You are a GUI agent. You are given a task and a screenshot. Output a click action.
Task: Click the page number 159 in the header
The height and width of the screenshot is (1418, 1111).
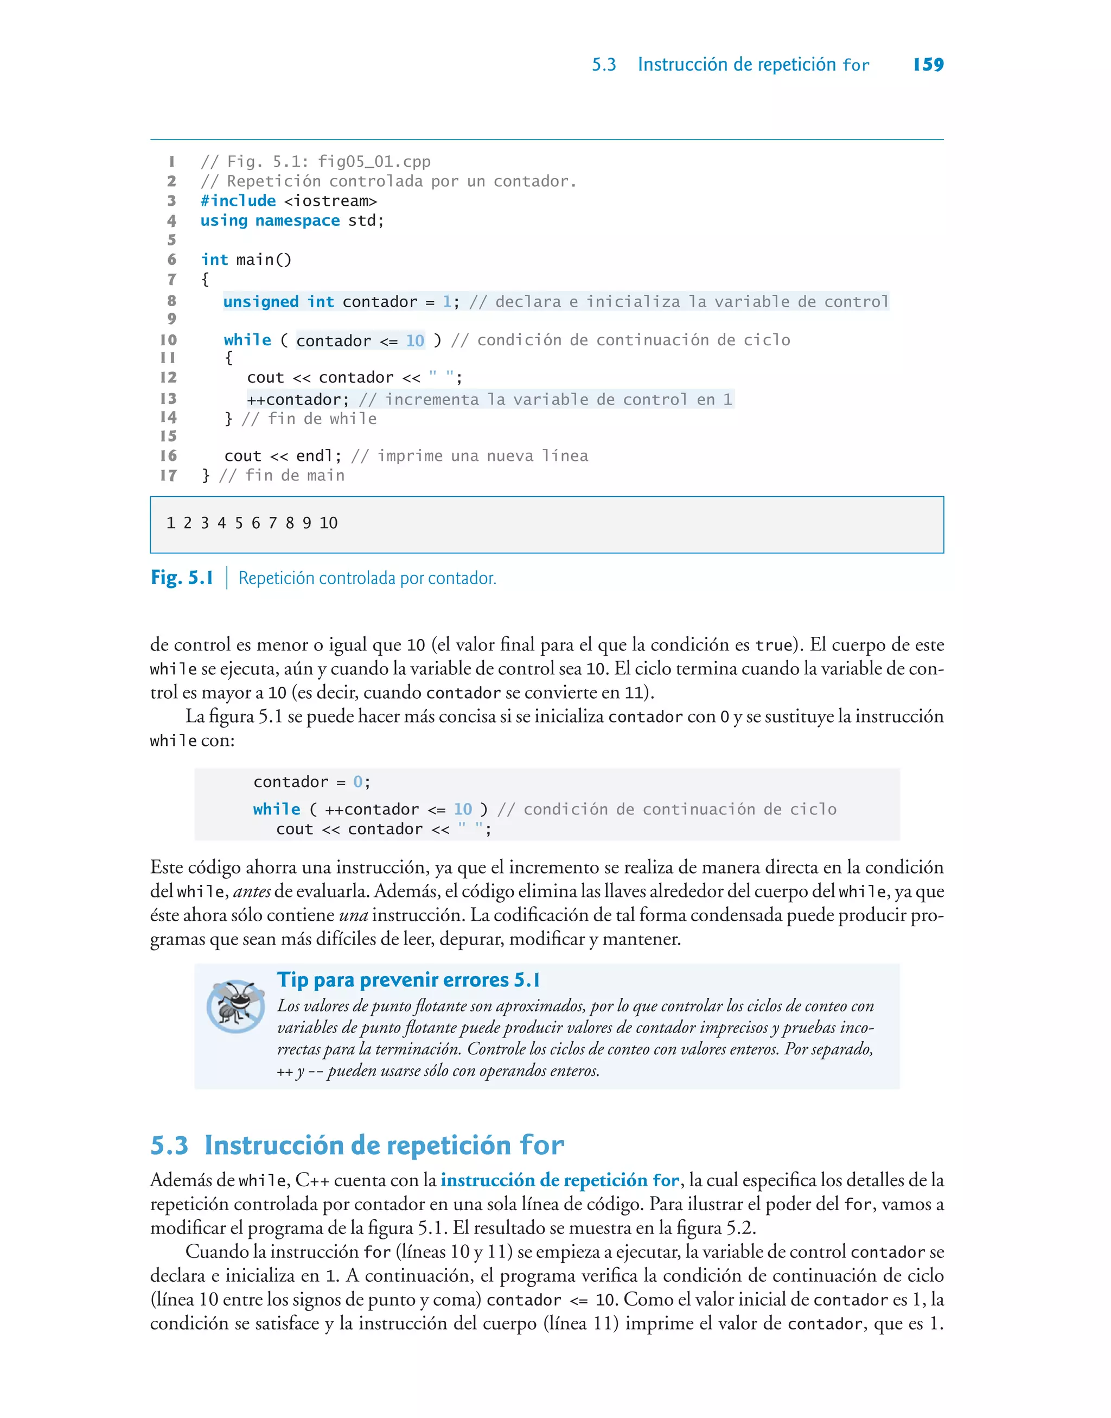click(928, 65)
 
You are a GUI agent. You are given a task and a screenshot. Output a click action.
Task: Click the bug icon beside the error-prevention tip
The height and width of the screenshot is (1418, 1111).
click(235, 1006)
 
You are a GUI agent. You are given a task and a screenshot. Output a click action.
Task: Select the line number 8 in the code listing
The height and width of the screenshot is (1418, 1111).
click(172, 301)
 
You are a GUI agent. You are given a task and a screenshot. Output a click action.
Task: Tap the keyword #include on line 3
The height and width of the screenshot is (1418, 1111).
click(238, 201)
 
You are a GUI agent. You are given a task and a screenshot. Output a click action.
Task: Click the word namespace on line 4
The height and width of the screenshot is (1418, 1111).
click(297, 220)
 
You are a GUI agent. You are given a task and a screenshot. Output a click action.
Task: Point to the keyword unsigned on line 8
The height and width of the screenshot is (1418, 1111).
click(261, 302)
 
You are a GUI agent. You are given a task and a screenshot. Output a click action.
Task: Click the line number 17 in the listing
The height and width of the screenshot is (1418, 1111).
click(169, 476)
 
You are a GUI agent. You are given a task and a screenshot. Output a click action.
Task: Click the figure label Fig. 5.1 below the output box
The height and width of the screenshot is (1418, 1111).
click(182, 578)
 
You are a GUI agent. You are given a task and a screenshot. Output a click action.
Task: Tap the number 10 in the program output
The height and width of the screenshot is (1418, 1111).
click(329, 523)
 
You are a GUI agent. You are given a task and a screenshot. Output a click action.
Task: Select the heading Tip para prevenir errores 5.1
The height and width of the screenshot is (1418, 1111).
click(408, 980)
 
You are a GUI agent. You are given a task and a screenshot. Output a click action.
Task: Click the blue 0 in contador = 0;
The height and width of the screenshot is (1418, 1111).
click(357, 782)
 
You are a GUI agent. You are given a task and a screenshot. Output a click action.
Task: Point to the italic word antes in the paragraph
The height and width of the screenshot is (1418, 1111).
click(252, 891)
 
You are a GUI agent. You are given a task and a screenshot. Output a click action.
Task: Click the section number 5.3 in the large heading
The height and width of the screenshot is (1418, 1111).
click(169, 1146)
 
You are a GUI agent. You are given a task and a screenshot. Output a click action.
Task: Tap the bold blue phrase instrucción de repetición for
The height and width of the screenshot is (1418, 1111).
click(559, 1180)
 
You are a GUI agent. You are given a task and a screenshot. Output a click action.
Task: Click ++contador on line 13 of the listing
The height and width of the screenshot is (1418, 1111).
click(298, 400)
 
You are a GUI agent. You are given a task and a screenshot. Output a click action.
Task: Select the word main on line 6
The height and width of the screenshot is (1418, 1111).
click(255, 260)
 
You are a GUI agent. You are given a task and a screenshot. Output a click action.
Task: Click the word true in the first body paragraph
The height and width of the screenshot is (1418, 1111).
click(774, 645)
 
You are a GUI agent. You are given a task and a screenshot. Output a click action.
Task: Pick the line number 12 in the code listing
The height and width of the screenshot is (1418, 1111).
click(169, 377)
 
